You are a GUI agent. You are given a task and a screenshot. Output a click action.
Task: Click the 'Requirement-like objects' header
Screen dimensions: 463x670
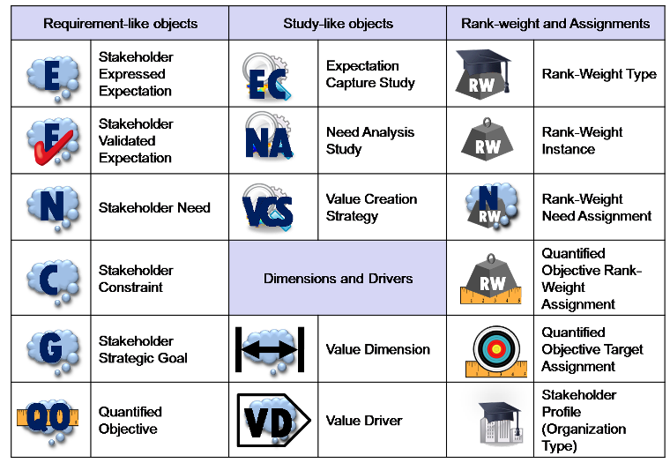click(120, 23)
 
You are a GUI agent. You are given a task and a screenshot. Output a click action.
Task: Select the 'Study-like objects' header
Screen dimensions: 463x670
click(338, 23)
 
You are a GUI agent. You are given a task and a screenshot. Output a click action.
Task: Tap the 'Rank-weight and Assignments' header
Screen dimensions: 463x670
click(555, 23)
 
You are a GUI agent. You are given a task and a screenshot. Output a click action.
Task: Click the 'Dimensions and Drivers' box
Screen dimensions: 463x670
click(338, 279)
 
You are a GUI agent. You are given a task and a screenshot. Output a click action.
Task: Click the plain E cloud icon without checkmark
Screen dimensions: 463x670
click(52, 75)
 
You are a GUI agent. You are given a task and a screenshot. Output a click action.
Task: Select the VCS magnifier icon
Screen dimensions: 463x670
click(268, 208)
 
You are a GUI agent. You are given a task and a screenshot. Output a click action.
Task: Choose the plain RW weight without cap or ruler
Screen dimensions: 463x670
click(488, 141)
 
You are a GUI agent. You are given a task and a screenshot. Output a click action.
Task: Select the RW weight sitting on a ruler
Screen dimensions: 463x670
click(488, 280)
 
